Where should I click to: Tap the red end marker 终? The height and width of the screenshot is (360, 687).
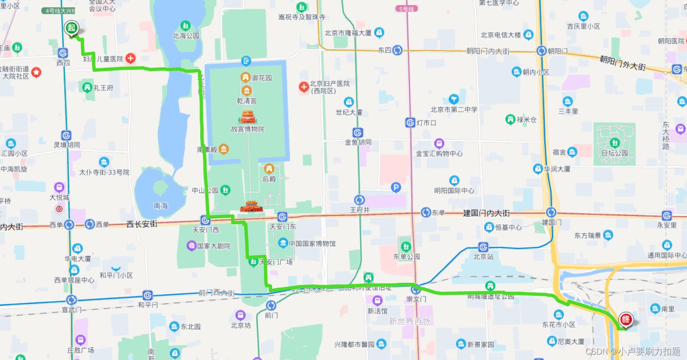pos(626,320)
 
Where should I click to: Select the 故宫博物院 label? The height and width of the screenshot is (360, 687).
pos(247,129)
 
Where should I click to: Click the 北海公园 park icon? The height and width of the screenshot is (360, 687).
pos(185,26)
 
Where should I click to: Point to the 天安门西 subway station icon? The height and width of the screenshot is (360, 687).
pos(205,220)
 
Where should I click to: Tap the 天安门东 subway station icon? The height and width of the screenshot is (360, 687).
pos(282,217)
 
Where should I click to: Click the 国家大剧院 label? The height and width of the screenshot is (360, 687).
pos(213,246)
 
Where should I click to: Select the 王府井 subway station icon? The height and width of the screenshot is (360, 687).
pos(359,200)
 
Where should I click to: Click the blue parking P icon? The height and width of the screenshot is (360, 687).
pos(396,188)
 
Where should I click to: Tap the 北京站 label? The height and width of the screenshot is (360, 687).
pos(483,257)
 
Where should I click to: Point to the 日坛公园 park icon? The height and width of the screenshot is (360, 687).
pos(615,143)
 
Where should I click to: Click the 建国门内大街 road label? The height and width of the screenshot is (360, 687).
pos(486,213)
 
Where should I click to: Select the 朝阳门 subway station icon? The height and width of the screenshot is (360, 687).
pos(542,51)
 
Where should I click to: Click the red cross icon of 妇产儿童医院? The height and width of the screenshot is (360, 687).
pos(131,58)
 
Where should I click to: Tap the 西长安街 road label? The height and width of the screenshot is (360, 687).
pos(142,224)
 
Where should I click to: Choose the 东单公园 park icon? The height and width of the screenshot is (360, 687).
pos(406,246)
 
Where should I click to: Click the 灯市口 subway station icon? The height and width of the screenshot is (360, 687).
pos(410,123)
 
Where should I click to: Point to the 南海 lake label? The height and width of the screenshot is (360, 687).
pos(160,206)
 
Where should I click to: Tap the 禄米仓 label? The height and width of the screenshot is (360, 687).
pos(526,120)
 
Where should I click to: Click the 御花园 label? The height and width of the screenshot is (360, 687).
pos(262,78)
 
